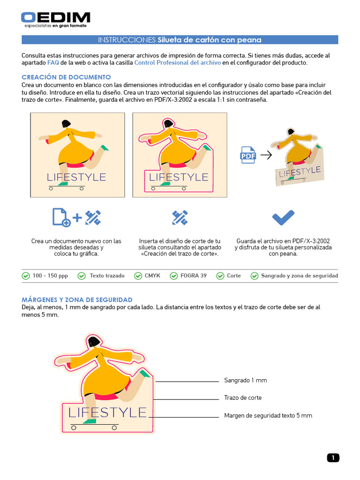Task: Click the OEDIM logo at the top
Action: pyautogui.click(x=55, y=19)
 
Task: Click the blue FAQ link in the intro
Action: pyautogui.click(x=53, y=62)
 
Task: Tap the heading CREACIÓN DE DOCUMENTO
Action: pyautogui.click(x=66, y=77)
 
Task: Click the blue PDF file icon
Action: pyautogui.click(x=248, y=155)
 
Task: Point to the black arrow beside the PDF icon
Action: pyautogui.click(x=266, y=155)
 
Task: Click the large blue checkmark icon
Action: pyautogui.click(x=283, y=217)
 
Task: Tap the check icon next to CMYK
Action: pyautogui.click(x=138, y=276)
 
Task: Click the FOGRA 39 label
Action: pyautogui.click(x=193, y=276)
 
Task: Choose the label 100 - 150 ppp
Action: pyautogui.click(x=50, y=276)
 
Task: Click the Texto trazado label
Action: pyautogui.click(x=107, y=276)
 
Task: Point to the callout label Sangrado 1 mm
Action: pyautogui.click(x=245, y=380)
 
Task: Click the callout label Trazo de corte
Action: pyautogui.click(x=243, y=397)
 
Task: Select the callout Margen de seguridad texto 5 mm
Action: pyautogui.click(x=268, y=415)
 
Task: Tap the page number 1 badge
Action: pyautogui.click(x=332, y=458)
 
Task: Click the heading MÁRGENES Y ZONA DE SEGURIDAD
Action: pyautogui.click(x=77, y=300)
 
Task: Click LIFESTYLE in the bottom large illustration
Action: pyautogui.click(x=107, y=412)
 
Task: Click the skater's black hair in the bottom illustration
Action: pyautogui.click(x=95, y=342)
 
